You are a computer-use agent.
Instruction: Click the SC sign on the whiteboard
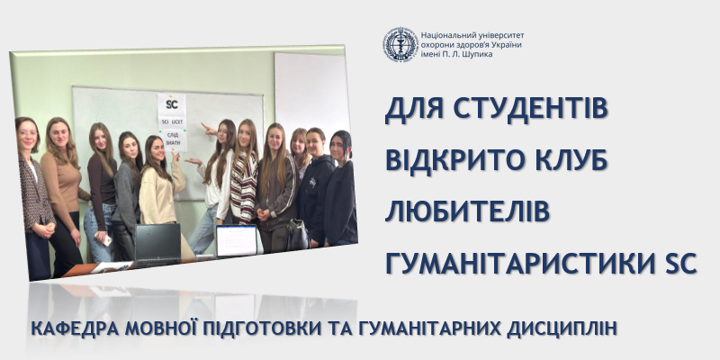click(171, 103)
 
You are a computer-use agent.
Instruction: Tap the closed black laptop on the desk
click(157, 243)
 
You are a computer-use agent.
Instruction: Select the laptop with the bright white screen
click(237, 240)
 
